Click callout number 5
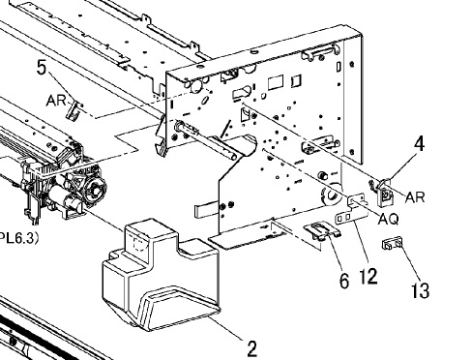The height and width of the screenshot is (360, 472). (42, 68)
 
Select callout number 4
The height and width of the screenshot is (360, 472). (419, 144)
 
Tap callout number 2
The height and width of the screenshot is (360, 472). (252, 348)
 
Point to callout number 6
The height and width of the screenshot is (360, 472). (344, 281)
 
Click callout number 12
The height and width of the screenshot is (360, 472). (369, 276)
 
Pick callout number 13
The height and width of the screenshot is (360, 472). (421, 290)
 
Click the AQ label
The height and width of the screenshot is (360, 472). (388, 219)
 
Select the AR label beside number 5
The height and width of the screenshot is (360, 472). (56, 101)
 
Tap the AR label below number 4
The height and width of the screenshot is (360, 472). (415, 197)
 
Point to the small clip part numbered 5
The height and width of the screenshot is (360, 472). (74, 109)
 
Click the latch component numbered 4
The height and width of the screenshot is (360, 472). (382, 193)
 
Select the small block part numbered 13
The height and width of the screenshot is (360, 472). (392, 244)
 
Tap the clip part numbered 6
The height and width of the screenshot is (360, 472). (322, 230)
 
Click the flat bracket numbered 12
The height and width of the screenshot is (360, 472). (353, 209)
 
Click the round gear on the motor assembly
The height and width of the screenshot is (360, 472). (95, 190)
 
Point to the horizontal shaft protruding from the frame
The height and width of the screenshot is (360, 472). (206, 141)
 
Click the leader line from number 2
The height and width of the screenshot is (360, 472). (225, 327)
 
